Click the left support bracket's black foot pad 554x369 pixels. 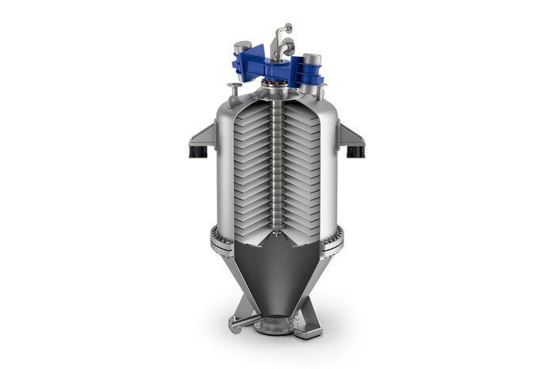click(x=198, y=150)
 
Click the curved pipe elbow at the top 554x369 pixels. click(x=279, y=36)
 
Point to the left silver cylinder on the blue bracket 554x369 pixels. click(x=243, y=49)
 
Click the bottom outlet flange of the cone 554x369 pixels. click(x=275, y=325)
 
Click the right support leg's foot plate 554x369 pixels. click(x=309, y=333)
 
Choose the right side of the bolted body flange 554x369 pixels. click(x=339, y=235)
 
